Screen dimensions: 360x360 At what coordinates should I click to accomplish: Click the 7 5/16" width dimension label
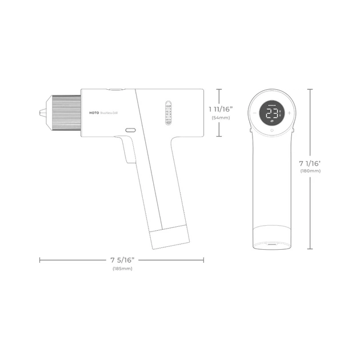pyautogui.click(x=122, y=260)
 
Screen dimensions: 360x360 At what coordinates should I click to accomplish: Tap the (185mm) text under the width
pyautogui.click(x=122, y=268)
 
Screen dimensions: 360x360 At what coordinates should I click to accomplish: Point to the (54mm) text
pyautogui.click(x=221, y=118)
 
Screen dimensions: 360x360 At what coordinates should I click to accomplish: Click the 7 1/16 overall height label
pyautogui.click(x=309, y=164)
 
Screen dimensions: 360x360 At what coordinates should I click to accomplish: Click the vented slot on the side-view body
pyautogui.click(x=168, y=113)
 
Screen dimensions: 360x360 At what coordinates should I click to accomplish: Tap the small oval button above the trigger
pyautogui.click(x=130, y=130)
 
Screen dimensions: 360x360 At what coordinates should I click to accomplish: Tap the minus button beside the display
pyautogui.click(x=254, y=113)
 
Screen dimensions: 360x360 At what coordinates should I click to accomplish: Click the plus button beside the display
pyautogui.click(x=289, y=113)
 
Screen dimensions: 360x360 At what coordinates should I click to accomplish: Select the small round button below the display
pyautogui.click(x=271, y=131)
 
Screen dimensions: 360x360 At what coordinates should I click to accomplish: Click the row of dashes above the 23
pyautogui.click(x=271, y=105)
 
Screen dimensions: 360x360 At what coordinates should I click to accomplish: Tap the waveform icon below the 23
pyautogui.click(x=271, y=121)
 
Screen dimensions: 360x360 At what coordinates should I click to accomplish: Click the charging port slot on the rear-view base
pyautogui.click(x=271, y=243)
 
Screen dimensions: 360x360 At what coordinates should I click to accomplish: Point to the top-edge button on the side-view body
pyautogui.click(x=114, y=89)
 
